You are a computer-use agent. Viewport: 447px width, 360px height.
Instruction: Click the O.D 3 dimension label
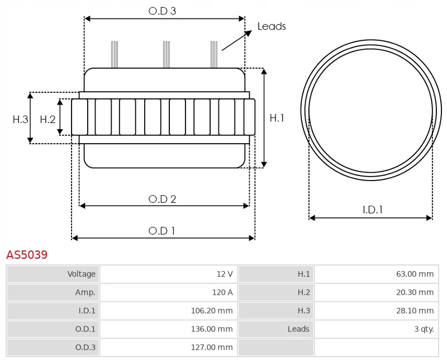[162, 11]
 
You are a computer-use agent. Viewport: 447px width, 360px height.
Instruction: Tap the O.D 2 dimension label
[163, 199]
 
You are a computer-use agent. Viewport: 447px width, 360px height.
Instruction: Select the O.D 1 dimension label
[161, 230]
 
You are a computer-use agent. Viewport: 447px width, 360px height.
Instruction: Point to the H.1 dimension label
[277, 118]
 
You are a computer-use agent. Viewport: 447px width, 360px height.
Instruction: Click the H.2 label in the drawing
[48, 119]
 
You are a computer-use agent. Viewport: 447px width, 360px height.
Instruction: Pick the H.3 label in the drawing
[21, 119]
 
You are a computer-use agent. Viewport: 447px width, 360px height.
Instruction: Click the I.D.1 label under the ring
[373, 210]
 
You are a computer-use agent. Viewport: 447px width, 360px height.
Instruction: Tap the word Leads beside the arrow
[272, 26]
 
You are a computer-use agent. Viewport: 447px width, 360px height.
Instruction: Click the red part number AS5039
[27, 255]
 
